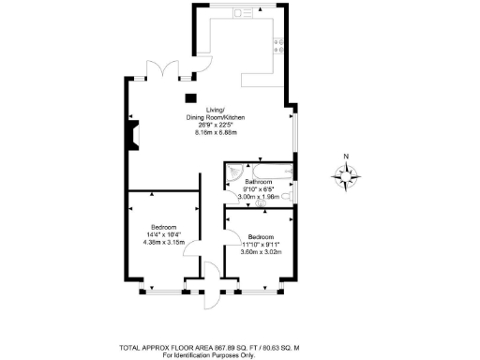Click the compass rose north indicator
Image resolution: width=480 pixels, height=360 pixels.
pos(346,173)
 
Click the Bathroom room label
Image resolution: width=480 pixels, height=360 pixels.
pos(258,182)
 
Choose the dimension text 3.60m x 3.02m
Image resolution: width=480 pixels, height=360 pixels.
pos(261,251)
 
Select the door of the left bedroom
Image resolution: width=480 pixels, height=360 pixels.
pos(191,249)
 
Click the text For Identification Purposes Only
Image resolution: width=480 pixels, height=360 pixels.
pos(208,355)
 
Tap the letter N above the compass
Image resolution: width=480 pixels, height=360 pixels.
pos(346,156)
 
